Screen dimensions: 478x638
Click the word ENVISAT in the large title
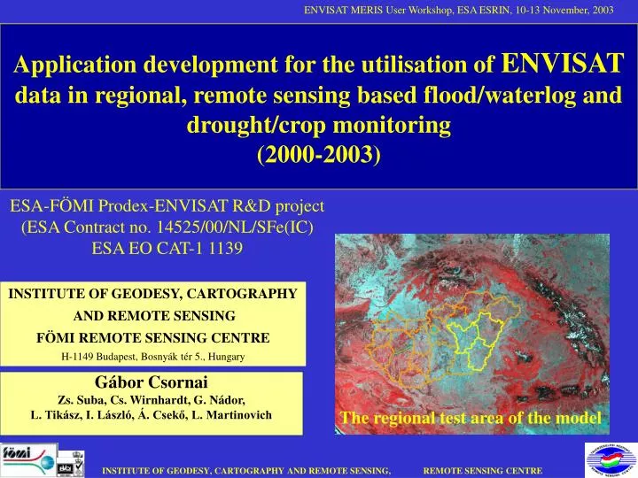point(563,63)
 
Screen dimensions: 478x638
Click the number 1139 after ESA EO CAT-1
point(223,247)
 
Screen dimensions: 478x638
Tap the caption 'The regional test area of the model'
point(470,418)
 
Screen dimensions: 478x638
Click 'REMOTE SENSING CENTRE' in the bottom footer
point(482,470)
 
